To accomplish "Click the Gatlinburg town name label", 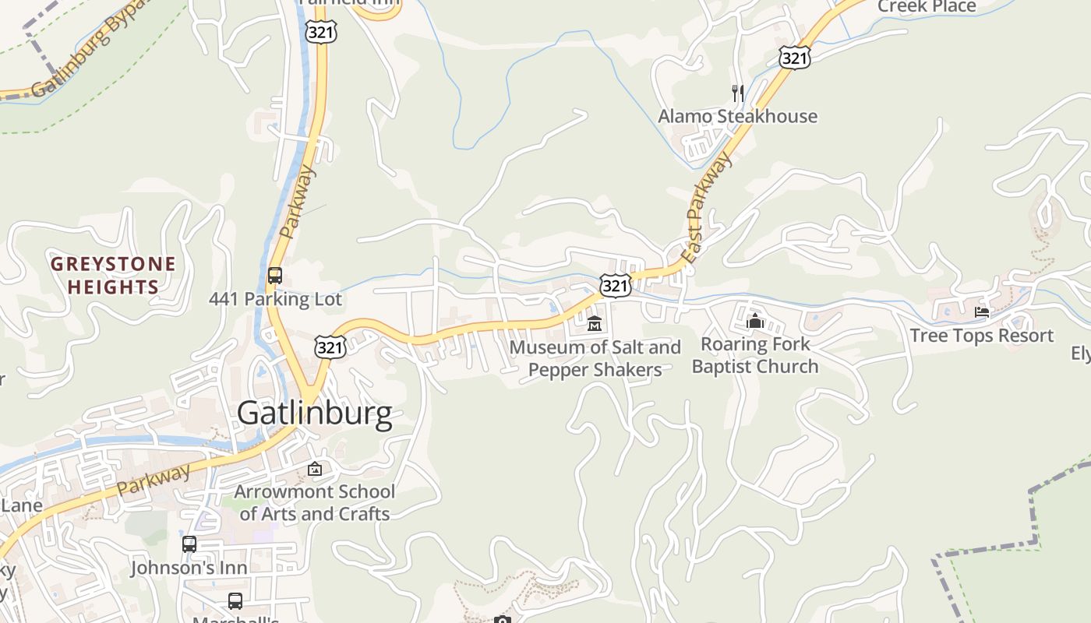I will (314, 414).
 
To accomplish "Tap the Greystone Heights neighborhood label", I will (113, 275).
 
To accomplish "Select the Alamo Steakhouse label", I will (737, 116).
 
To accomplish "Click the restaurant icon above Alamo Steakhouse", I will (737, 93).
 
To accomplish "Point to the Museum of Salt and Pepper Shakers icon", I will (595, 322).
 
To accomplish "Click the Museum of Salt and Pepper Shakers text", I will (595, 358).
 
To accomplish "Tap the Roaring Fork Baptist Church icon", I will (754, 321).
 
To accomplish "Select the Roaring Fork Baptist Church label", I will (754, 355).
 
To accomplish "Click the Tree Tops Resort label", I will (981, 336).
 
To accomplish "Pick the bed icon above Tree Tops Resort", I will (982, 313).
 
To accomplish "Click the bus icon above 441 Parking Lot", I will (274, 276).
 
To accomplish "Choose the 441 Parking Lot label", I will (275, 299).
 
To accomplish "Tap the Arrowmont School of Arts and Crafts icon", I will (315, 469).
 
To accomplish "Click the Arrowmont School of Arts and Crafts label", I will (315, 502).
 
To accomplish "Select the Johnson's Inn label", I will (189, 568).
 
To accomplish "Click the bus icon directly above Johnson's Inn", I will (189, 544).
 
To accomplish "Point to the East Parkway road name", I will (708, 207).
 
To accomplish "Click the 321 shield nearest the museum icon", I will (615, 286).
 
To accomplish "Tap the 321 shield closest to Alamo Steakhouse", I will (793, 57).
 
